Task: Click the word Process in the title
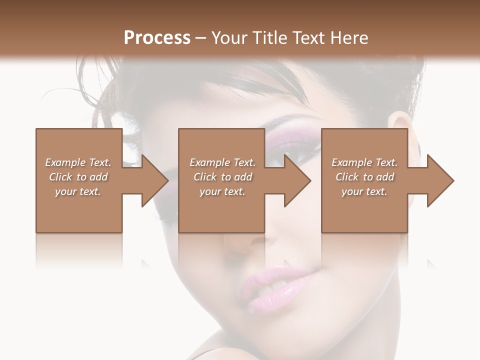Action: pos(157,37)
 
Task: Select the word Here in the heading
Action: pos(350,37)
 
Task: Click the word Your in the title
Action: pos(230,37)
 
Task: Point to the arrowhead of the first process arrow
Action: pos(155,180)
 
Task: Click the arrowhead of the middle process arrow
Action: pos(298,180)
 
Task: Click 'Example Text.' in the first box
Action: pos(78,162)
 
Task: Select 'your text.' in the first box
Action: pos(78,191)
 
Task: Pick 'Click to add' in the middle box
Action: pos(222,177)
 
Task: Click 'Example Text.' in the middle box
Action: pos(222,162)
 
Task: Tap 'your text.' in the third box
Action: pos(364,191)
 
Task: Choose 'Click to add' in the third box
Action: pos(364,177)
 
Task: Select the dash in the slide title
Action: pos(201,38)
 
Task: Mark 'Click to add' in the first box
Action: pos(78,177)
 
